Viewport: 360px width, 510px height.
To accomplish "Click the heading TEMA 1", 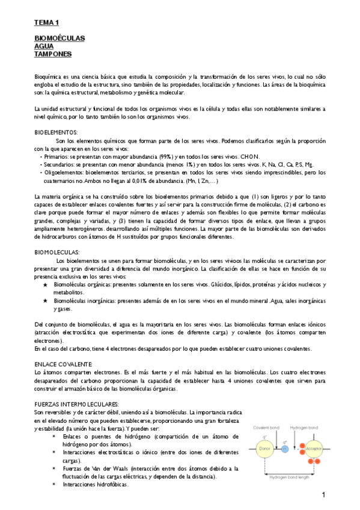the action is point(46,22).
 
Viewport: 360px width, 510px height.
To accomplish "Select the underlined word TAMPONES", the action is point(53,54).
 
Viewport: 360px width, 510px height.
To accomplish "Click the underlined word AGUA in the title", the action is point(43,46).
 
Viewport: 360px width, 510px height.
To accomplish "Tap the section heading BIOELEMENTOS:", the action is point(56,132).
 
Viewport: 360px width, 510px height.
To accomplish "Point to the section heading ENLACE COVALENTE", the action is point(63,364).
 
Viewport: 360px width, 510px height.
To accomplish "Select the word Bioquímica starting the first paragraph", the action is point(50,78).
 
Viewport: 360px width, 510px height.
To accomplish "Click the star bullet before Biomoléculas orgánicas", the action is point(45,284).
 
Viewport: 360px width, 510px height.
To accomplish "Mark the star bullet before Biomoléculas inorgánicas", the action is point(45,300).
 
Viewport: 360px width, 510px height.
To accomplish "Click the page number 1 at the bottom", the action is point(323,494).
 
